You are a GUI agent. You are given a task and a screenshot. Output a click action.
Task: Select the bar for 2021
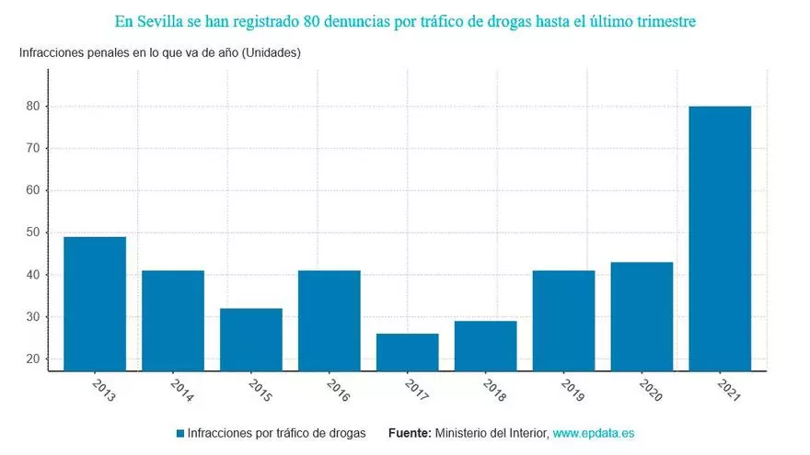click(720, 238)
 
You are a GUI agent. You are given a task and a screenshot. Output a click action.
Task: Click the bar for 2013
click(95, 303)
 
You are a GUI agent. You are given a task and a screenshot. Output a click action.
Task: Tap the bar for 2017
click(407, 351)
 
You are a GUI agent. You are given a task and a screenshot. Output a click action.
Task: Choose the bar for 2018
click(485, 345)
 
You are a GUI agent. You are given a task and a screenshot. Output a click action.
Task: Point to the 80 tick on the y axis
click(31, 107)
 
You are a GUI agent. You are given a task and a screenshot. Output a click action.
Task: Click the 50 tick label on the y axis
click(31, 233)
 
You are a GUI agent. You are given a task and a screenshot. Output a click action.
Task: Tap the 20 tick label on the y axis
click(31, 359)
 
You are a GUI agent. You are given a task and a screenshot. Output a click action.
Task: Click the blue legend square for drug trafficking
click(180, 432)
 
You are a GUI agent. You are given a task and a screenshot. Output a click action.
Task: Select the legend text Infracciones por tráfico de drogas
click(276, 432)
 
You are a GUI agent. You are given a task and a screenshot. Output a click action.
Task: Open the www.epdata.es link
click(594, 432)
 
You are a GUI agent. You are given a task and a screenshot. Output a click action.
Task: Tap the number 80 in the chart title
click(311, 19)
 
